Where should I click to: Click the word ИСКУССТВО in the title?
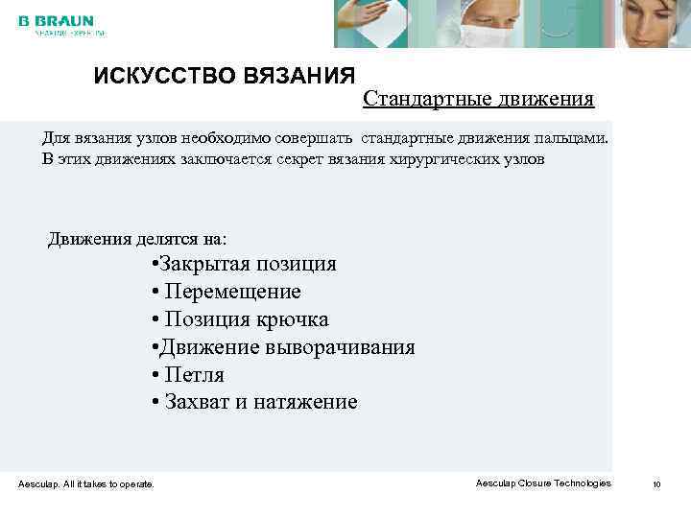[155, 76]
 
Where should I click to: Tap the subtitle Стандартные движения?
[478, 99]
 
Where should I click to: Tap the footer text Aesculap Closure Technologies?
[542, 483]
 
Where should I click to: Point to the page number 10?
[656, 484]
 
